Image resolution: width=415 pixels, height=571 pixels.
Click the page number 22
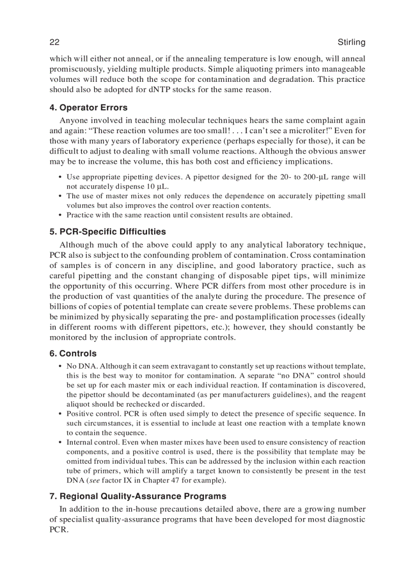point(55,42)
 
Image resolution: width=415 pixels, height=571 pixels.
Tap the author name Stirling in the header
point(351,42)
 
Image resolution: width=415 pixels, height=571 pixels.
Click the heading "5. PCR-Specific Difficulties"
point(108,232)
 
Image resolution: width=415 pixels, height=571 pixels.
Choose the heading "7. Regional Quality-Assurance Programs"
point(138,496)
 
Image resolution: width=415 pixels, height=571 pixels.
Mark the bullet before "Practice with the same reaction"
point(61,215)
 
